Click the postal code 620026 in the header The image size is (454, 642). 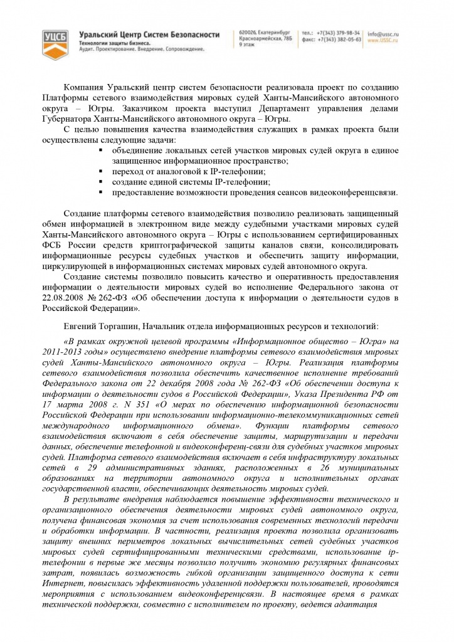(x=249, y=33)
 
